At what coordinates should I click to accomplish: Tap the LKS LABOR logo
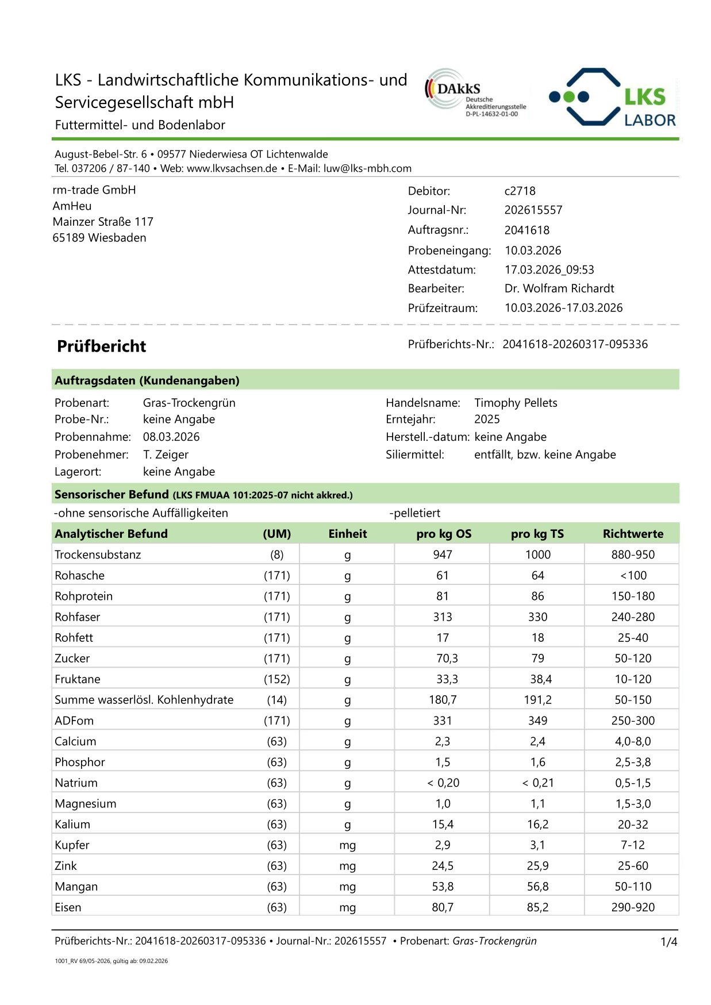[x=613, y=97]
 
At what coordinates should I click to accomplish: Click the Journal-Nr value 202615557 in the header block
[x=533, y=210]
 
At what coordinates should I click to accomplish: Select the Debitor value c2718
[x=520, y=191]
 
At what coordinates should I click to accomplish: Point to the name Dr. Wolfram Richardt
[x=559, y=288]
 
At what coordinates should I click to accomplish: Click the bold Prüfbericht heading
[x=102, y=346]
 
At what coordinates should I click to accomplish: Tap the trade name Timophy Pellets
[x=515, y=403]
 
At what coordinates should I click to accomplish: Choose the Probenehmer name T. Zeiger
[x=166, y=455]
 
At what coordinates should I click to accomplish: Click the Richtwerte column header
[x=632, y=534]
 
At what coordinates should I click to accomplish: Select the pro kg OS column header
[x=443, y=534]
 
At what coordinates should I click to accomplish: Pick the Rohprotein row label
[x=84, y=596]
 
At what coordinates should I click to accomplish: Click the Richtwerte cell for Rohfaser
[x=632, y=617]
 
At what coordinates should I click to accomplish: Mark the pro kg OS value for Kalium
[x=443, y=825]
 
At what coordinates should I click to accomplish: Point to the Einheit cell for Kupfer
[x=347, y=845]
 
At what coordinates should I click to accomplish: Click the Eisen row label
[x=68, y=907]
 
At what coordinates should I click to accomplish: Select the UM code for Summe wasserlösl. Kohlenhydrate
[x=276, y=700]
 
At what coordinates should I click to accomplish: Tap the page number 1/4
[x=668, y=942]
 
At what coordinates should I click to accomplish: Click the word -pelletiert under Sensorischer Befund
[x=414, y=513]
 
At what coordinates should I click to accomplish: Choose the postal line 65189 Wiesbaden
[x=99, y=238]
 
